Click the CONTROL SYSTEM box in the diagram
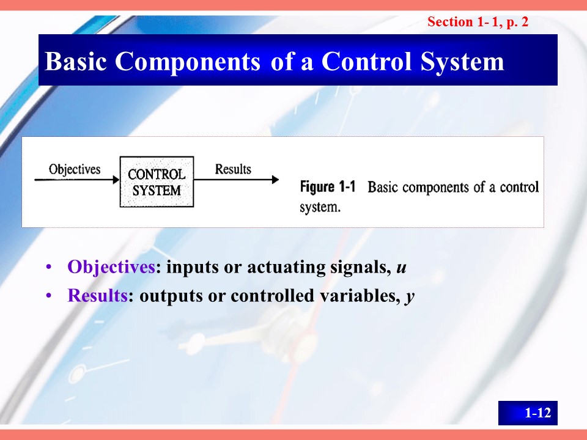[157, 182]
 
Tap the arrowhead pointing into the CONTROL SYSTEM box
[116, 180]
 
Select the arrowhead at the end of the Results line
[275, 180]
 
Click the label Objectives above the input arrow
[75, 169]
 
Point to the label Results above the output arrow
[233, 169]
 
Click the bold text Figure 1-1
[328, 186]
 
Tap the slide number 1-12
[537, 413]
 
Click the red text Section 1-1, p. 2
[478, 22]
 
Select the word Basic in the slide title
[76, 61]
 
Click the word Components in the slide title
[187, 61]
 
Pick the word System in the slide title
[462, 61]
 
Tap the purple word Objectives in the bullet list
[111, 267]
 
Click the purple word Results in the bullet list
[98, 295]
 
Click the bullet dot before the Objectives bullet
[48, 267]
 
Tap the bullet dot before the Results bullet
[48, 296]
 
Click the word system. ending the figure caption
[320, 207]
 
